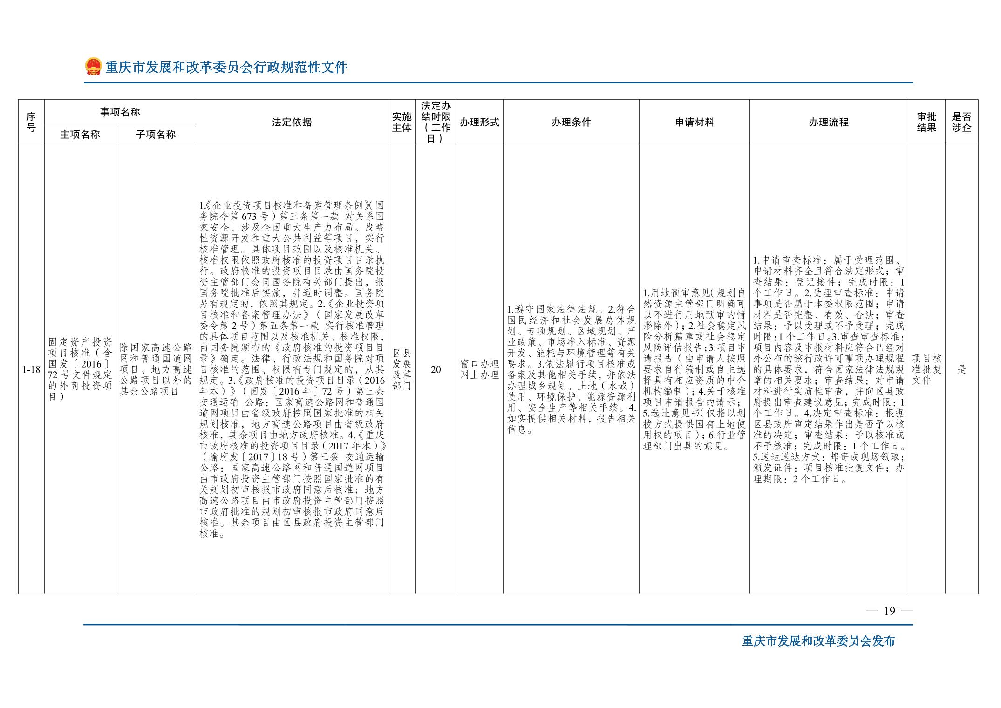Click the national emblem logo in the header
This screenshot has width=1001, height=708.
(93, 67)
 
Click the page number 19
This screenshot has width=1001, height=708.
(889, 611)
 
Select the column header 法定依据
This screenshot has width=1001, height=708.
(292, 122)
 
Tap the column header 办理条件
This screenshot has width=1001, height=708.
(571, 122)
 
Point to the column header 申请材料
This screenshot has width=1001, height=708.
(694, 122)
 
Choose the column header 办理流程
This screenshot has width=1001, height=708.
(829, 122)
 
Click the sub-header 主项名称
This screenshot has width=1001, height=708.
(80, 135)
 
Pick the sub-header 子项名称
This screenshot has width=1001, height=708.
(156, 135)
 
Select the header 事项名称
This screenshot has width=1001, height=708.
(120, 112)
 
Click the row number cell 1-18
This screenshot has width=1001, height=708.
(31, 370)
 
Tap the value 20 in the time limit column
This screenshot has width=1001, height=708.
(436, 370)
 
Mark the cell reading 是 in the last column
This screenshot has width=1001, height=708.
(961, 370)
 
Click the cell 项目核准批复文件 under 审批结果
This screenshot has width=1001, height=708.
(926, 369)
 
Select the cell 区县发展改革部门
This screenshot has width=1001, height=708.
(402, 369)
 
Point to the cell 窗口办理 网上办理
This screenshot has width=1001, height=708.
(479, 369)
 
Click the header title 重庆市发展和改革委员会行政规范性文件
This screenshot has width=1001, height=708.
(226, 67)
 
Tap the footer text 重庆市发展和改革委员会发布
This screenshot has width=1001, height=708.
(818, 641)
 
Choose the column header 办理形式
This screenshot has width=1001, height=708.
(479, 122)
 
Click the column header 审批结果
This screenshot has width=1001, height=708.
(926, 122)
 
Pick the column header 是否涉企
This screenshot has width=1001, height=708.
(961, 122)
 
